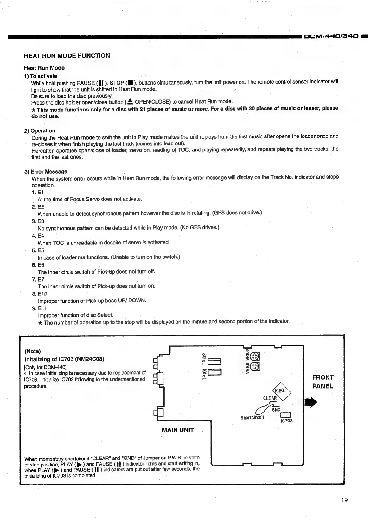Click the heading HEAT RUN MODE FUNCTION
coord(67,56)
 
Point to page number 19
coord(344,500)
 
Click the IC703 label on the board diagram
coord(287,421)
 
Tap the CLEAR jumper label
coord(270,398)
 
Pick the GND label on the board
coord(276,410)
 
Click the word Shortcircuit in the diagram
coord(252,417)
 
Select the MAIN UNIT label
coord(178,430)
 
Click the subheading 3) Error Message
coord(46,172)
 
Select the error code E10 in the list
coord(42,294)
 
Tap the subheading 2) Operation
coord(40,131)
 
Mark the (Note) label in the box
coord(33,351)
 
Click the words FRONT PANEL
coord(323,382)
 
